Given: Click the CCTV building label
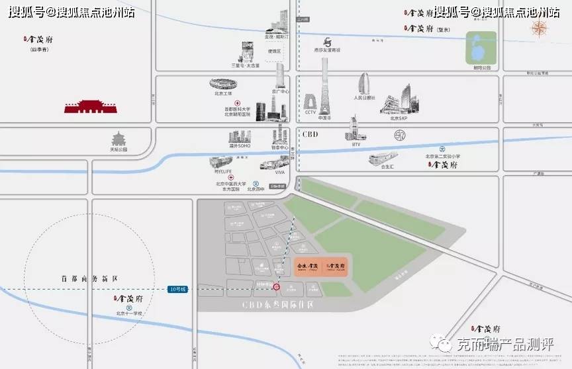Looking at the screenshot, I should (311, 112).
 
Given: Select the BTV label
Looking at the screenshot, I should (356, 144).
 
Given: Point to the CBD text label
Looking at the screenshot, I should (310, 134).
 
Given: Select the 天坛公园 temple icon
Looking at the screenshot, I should (119, 138).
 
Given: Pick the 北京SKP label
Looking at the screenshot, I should (399, 118).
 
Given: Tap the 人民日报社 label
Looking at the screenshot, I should (364, 98).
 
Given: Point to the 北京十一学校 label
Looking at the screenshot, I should (129, 313).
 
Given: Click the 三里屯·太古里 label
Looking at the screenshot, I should (245, 65).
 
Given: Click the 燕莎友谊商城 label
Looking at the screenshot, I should (327, 50).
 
